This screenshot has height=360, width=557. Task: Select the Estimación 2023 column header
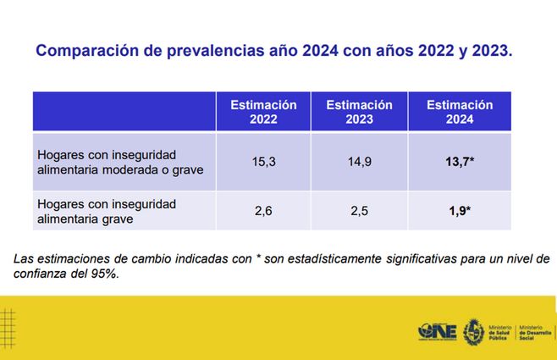pos(359,112)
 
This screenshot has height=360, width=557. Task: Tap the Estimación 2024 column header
pos(459,112)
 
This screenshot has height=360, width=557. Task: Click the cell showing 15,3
pos(263,161)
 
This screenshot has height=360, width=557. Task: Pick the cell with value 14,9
pos(359,161)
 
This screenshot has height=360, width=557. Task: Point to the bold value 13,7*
pos(460,161)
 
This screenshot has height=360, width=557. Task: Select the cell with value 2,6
pos(263,211)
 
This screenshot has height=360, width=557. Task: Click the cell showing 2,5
pos(359,211)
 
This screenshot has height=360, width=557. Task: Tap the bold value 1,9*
pos(460,211)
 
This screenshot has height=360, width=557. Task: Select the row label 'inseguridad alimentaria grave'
pos(107,211)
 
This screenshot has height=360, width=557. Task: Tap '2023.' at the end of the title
pos(491,51)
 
